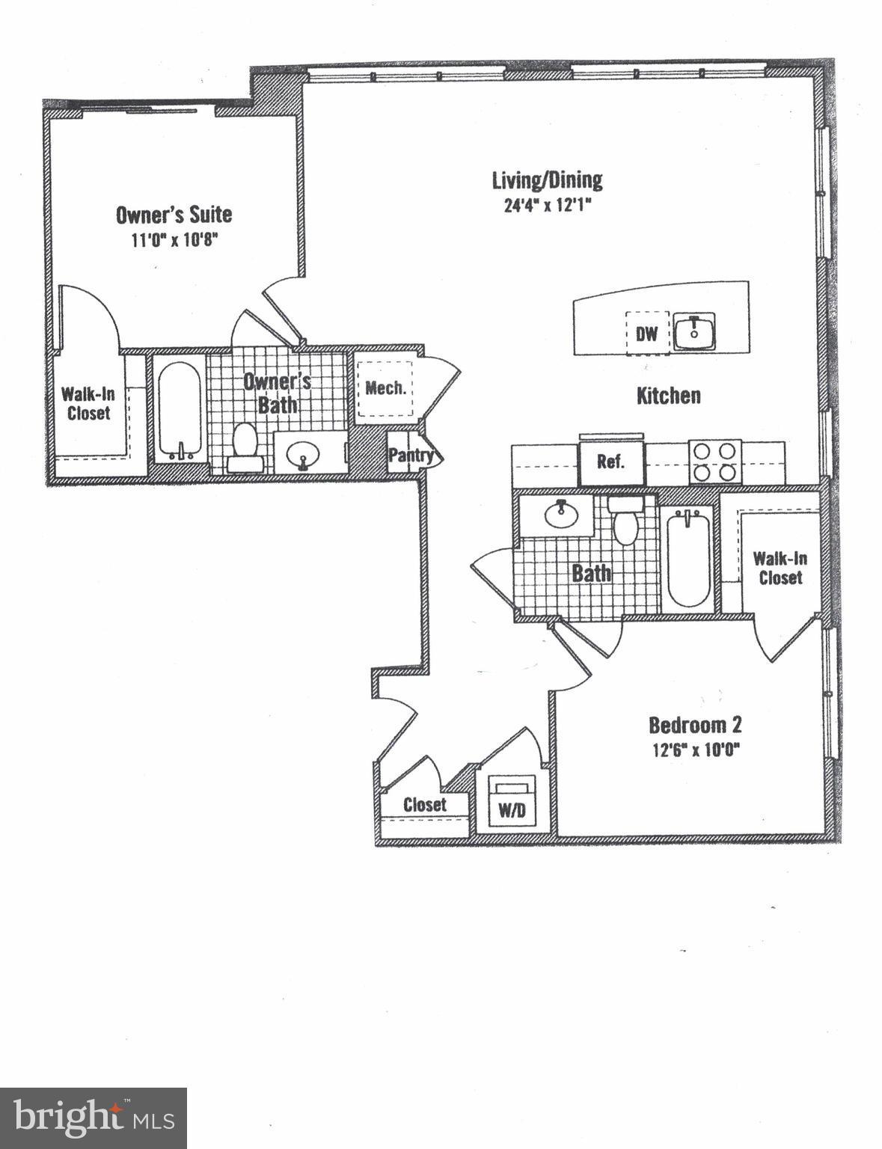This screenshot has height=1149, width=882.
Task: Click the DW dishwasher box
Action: [646, 333]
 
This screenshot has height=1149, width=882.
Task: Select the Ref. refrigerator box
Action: [610, 462]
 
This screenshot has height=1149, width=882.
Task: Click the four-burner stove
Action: [714, 462]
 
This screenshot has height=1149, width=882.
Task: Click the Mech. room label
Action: [386, 388]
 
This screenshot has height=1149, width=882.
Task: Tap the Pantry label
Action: [411, 455]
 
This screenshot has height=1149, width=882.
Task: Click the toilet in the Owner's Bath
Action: [245, 446]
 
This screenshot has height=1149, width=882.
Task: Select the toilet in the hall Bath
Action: [622, 522]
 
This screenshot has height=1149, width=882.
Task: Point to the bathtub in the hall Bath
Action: [687, 557]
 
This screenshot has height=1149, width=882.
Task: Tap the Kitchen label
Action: [668, 396]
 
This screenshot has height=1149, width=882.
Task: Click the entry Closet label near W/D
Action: [424, 804]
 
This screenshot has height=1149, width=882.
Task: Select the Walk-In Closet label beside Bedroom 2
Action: [780, 568]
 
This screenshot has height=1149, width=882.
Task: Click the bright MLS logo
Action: [94, 1118]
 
